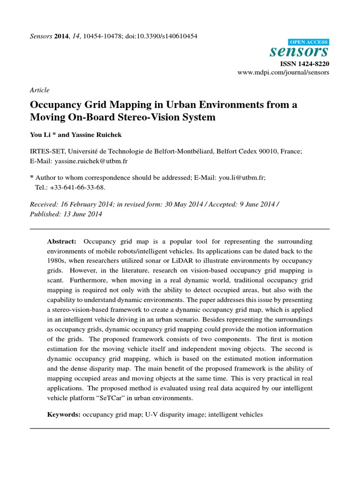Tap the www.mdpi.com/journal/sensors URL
coord(283,73)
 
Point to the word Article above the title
coord(39,90)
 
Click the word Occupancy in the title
coord(58,105)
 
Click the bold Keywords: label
coord(64,415)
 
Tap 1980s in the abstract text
coord(57,261)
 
